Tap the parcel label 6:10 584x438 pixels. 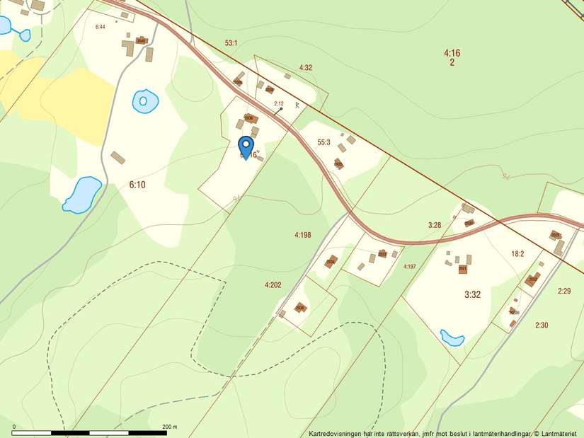pyautogui.click(x=137, y=185)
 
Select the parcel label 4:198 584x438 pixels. pyautogui.click(x=303, y=235)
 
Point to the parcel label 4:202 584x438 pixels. pyautogui.click(x=273, y=285)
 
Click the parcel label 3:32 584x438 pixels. pyautogui.click(x=472, y=294)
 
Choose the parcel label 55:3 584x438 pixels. pyautogui.click(x=324, y=142)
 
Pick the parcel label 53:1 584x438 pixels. pyautogui.click(x=231, y=43)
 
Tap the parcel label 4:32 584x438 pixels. pyautogui.click(x=306, y=68)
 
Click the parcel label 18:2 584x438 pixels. pyautogui.click(x=517, y=253)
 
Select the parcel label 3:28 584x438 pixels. pyautogui.click(x=435, y=225)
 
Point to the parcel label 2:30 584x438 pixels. pyautogui.click(x=542, y=325)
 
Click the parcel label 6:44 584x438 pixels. pyautogui.click(x=100, y=27)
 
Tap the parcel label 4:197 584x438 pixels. pyautogui.click(x=410, y=267)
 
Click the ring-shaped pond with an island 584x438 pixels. pyautogui.click(x=145, y=101)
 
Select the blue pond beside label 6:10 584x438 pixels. pyautogui.click(x=81, y=195)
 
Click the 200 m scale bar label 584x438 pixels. pyautogui.click(x=168, y=427)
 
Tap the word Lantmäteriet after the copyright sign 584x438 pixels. pyautogui.click(x=560, y=433)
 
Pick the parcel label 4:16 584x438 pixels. pyautogui.click(x=452, y=53)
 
